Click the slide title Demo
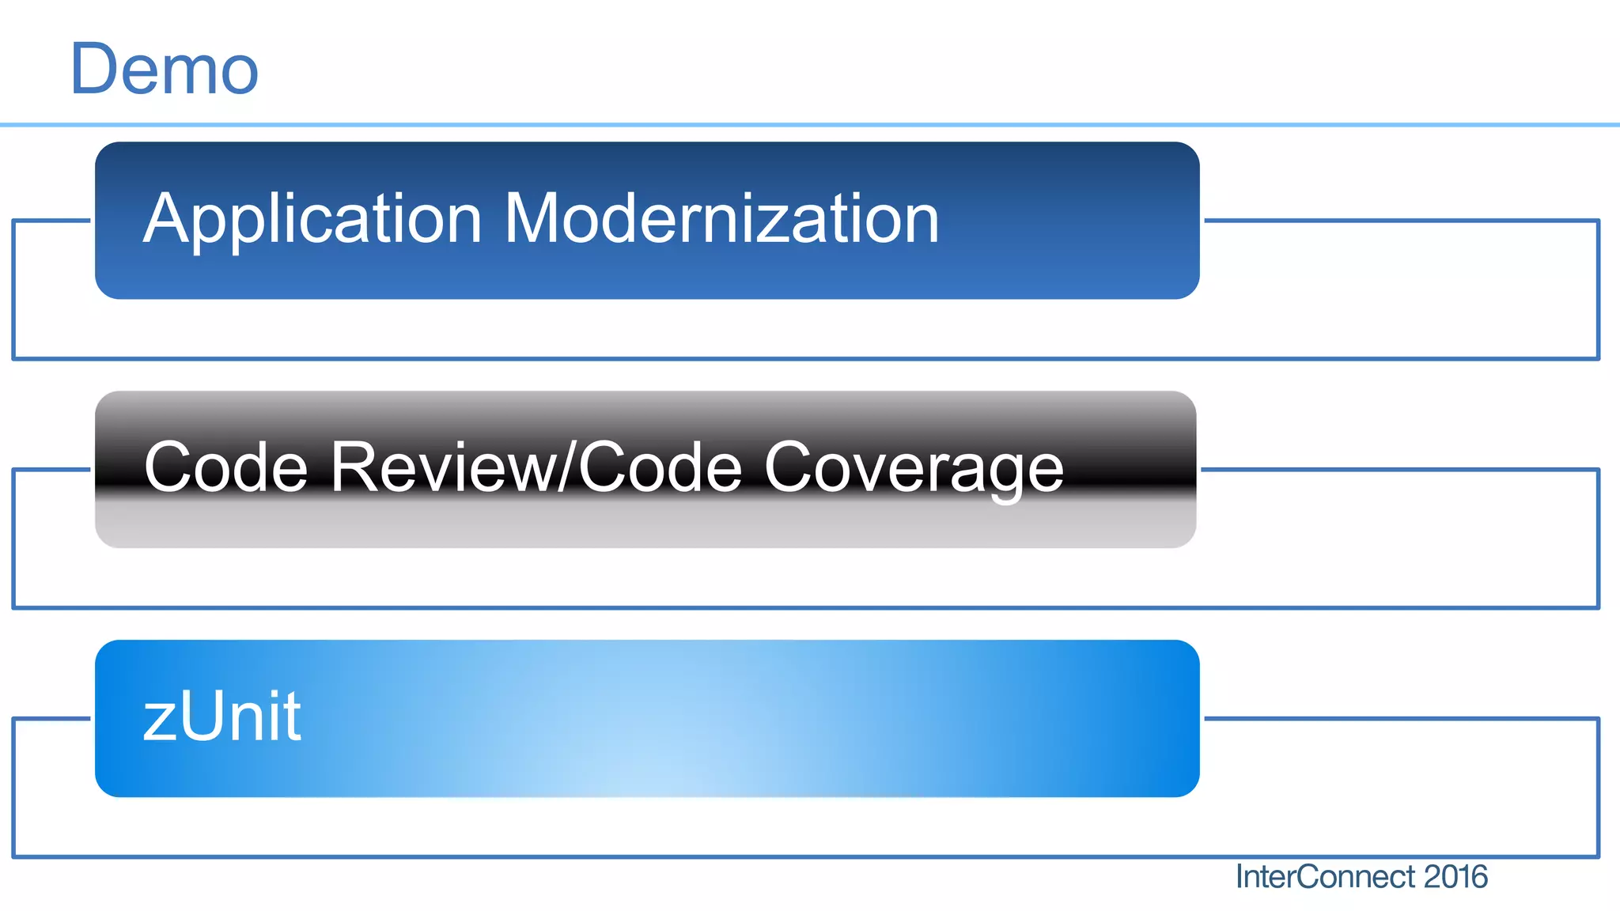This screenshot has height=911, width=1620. tap(165, 70)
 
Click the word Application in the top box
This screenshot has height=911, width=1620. tap(312, 219)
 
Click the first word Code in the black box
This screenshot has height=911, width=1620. tap(226, 467)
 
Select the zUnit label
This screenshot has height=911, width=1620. tap(222, 716)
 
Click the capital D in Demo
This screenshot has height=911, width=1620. tap(93, 70)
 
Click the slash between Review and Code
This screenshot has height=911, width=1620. tap(567, 467)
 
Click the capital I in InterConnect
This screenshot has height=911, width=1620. tap(1240, 877)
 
